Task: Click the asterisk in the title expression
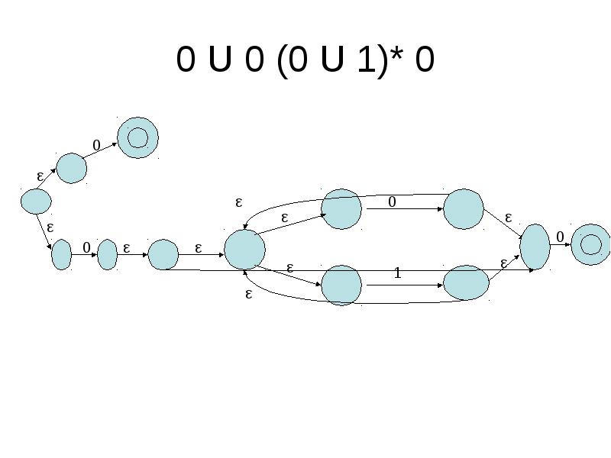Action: [396, 53]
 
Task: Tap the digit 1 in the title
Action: [367, 59]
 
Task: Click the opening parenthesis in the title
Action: [281, 61]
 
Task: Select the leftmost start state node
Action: [36, 202]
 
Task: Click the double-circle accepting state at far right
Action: [590, 244]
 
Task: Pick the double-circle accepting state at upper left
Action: [137, 137]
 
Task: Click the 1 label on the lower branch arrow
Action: [397, 273]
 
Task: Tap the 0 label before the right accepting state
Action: [560, 237]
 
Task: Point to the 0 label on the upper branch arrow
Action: [392, 202]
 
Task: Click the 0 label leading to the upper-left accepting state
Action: [97, 146]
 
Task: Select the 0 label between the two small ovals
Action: [86, 247]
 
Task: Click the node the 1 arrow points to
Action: [466, 282]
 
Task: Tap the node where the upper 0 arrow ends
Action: [464, 209]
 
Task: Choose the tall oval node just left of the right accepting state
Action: [535, 247]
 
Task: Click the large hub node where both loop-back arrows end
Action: [244, 250]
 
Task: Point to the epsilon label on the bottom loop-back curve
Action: [249, 294]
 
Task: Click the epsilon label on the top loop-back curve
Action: [239, 202]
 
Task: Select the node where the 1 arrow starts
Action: [341, 285]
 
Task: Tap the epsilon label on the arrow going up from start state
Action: [40, 176]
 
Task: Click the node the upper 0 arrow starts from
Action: [341, 209]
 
